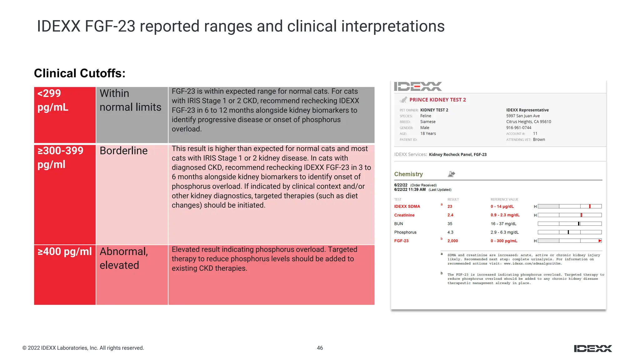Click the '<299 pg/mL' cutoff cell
(x=64, y=115)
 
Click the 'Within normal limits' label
(x=130, y=100)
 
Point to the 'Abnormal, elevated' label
(x=124, y=258)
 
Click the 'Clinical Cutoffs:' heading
(x=80, y=73)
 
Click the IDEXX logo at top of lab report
(x=418, y=86)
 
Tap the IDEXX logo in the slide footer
(x=593, y=348)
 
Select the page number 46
(x=320, y=348)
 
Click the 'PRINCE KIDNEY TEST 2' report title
(x=437, y=100)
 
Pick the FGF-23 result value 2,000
(x=452, y=241)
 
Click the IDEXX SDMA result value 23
(x=450, y=207)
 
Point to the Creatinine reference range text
(x=505, y=215)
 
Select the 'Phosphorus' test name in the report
(x=405, y=232)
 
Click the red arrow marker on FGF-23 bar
(x=600, y=241)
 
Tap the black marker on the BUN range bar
(x=579, y=224)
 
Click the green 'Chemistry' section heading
(x=408, y=174)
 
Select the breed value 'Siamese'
(x=427, y=122)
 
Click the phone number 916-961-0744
(x=518, y=127)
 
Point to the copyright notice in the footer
(x=83, y=348)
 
